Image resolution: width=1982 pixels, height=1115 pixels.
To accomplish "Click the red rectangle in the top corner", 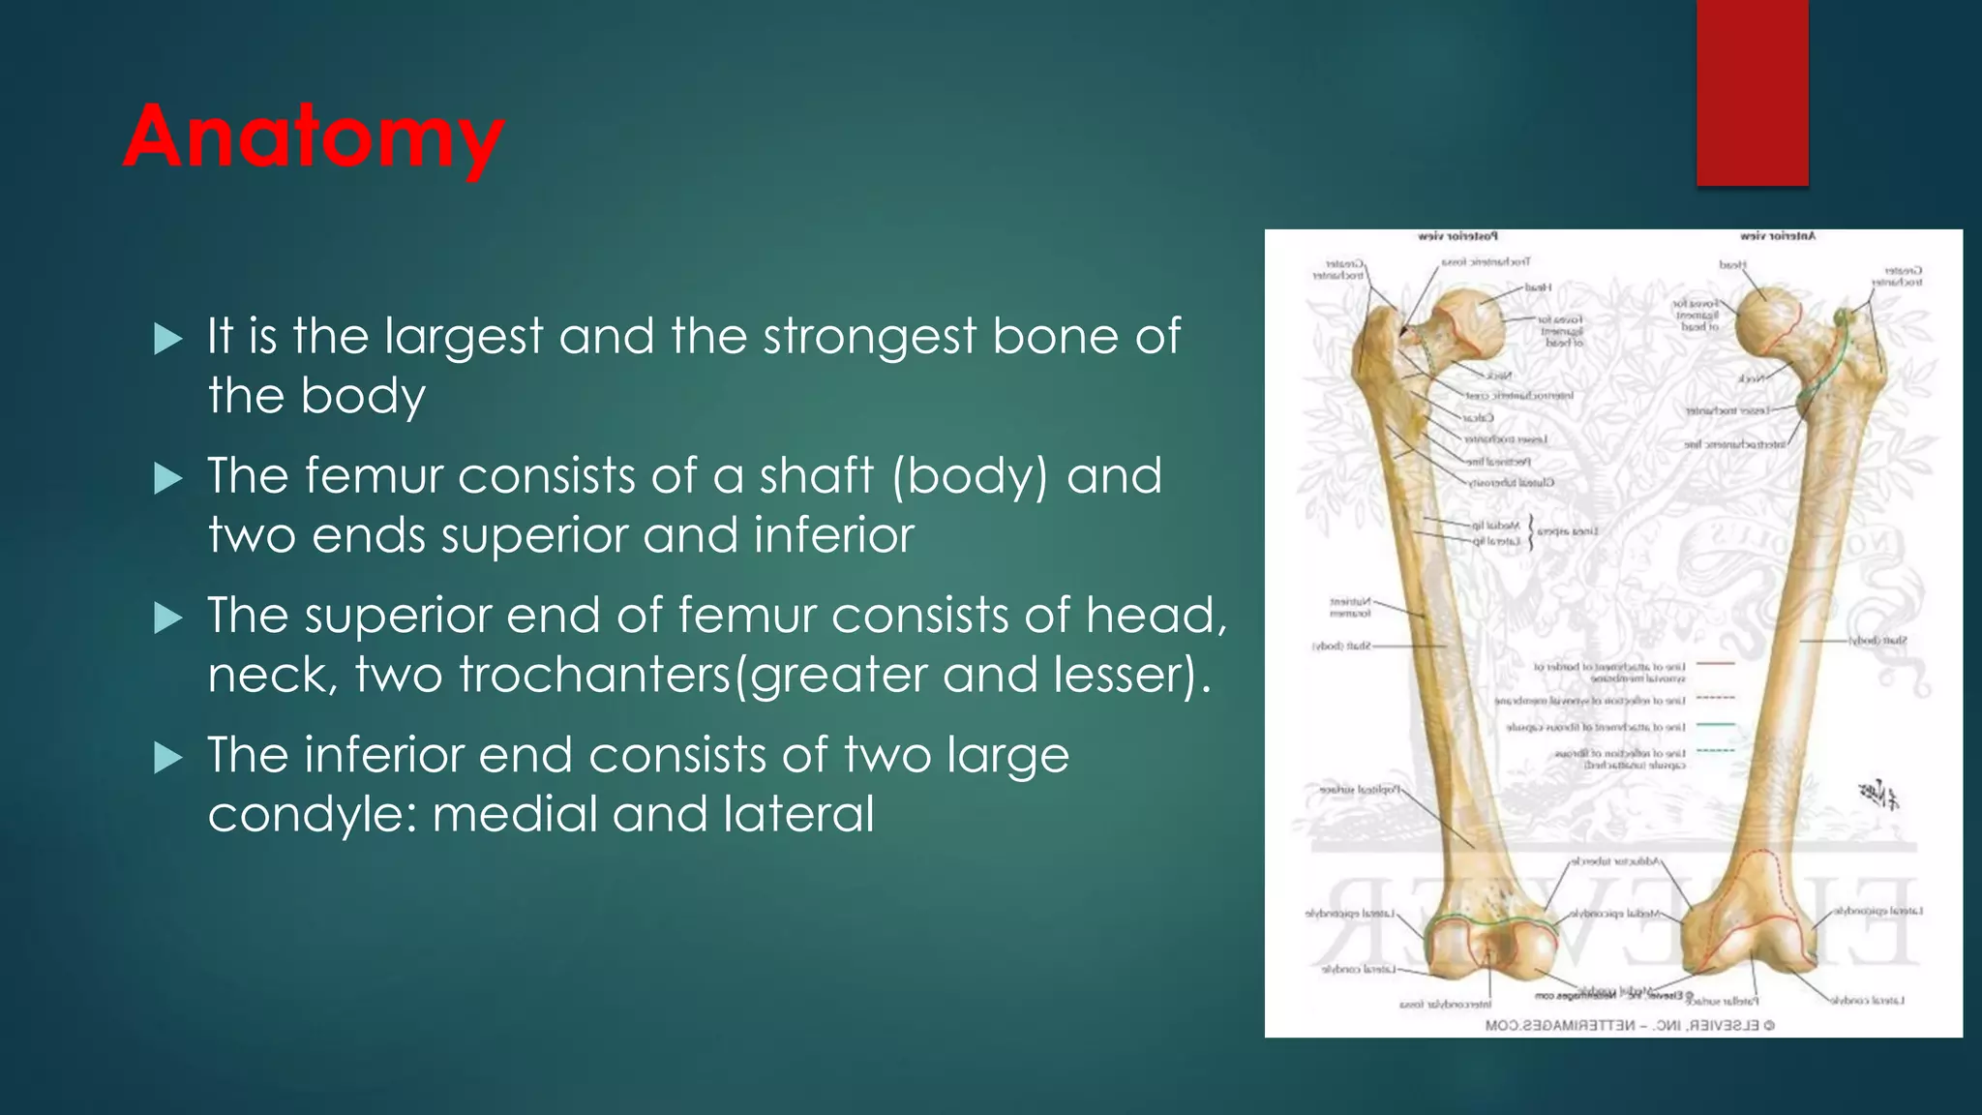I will (x=1752, y=92).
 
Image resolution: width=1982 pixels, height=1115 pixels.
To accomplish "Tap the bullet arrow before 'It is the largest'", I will (x=168, y=339).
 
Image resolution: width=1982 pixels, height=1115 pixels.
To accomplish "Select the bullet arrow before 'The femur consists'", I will (x=168, y=478).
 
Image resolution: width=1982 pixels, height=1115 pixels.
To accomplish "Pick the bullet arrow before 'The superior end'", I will (x=168, y=618).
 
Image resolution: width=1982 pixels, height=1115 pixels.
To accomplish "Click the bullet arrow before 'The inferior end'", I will (x=168, y=757).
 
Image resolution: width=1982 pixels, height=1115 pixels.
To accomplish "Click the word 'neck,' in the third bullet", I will (x=272, y=675).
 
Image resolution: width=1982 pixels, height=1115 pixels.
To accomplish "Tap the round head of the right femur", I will (x=1768, y=322).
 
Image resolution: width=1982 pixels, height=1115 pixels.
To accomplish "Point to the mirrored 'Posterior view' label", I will (x=1457, y=236).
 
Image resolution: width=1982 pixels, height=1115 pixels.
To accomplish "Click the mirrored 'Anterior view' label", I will (x=1777, y=236).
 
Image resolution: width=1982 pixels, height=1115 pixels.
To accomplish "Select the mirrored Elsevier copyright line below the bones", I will (x=1630, y=1025).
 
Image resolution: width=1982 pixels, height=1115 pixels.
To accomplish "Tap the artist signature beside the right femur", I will (x=1878, y=795).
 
